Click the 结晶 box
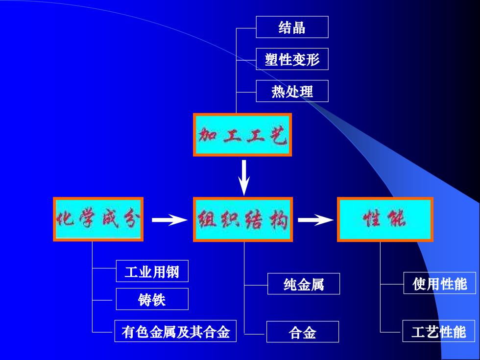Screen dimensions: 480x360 [x=292, y=27]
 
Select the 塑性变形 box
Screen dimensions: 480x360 [x=292, y=59]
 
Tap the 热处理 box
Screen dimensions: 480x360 [x=292, y=91]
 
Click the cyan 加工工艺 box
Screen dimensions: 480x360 [x=242, y=135]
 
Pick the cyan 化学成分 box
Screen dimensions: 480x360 [x=98, y=219]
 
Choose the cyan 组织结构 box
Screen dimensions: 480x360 [x=243, y=219]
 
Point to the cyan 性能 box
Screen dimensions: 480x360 [x=385, y=219]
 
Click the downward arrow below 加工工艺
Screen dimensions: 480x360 [x=244, y=177]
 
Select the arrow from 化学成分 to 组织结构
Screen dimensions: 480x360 [x=169, y=220]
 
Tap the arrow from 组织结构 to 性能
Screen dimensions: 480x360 [x=315, y=220]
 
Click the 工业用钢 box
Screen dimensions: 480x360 [x=152, y=271]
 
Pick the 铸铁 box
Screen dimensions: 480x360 [x=152, y=299]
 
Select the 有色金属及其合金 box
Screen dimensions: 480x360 [x=175, y=331]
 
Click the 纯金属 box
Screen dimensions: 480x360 [x=304, y=284]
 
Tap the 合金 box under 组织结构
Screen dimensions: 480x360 [x=303, y=332]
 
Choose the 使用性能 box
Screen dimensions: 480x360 [x=440, y=283]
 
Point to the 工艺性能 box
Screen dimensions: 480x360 [x=439, y=331]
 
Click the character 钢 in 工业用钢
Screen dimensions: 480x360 [x=172, y=271]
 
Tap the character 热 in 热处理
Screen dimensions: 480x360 [x=278, y=91]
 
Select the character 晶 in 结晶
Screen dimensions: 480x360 [x=299, y=27]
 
